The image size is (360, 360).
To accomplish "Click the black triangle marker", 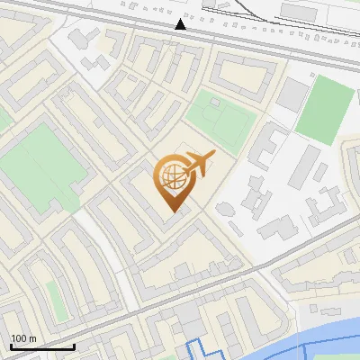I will coord(182,24).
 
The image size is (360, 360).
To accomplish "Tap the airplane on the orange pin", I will coord(200,164).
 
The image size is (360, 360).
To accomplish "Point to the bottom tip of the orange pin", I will coord(171,212).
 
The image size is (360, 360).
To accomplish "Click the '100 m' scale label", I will coord(23,338).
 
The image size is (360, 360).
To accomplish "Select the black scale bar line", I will coord(41,346).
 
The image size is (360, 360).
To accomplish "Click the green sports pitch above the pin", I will coord(220,121).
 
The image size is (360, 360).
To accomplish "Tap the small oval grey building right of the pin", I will coord(222,209).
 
